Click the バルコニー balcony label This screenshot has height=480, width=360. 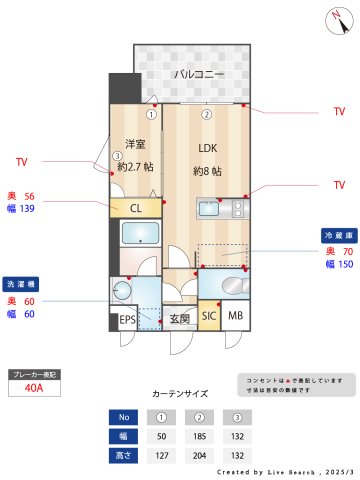[196, 74]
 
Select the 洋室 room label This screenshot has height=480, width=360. [135, 144]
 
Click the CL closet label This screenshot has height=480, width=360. [135, 208]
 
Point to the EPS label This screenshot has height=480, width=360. [127, 320]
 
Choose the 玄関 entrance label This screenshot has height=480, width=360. [179, 320]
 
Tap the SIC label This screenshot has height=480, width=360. [208, 317]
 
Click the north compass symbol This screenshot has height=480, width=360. [333, 17]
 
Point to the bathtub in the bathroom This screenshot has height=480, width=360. [136, 237]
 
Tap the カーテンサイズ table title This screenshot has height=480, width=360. [181, 395]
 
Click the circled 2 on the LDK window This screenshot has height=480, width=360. [207, 114]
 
